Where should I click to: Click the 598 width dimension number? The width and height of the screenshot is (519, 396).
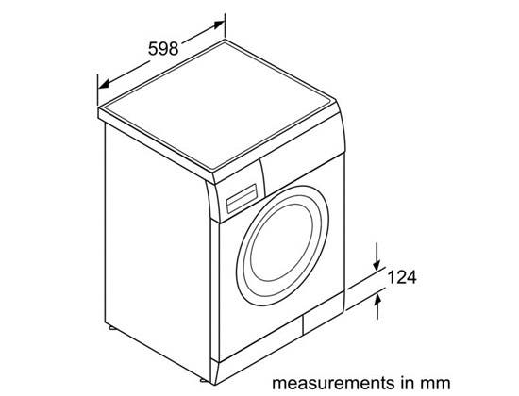[x=163, y=49]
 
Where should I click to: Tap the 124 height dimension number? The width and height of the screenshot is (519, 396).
[x=402, y=277]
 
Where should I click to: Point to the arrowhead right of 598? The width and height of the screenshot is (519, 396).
[x=219, y=25]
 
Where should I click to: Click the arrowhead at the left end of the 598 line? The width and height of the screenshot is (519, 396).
[x=104, y=84]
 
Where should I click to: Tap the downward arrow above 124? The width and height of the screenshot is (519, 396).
[x=377, y=256]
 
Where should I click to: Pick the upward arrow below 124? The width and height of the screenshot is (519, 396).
[x=377, y=307]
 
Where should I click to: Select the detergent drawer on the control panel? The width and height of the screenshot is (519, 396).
[x=242, y=199]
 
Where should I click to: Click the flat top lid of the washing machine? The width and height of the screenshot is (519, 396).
[x=218, y=106]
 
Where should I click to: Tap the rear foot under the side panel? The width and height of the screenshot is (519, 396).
[x=111, y=328]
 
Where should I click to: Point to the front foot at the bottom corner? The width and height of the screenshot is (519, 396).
[x=205, y=381]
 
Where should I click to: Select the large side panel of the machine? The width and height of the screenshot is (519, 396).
[x=158, y=252]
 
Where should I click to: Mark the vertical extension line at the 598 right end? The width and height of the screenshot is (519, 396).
[x=226, y=25]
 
